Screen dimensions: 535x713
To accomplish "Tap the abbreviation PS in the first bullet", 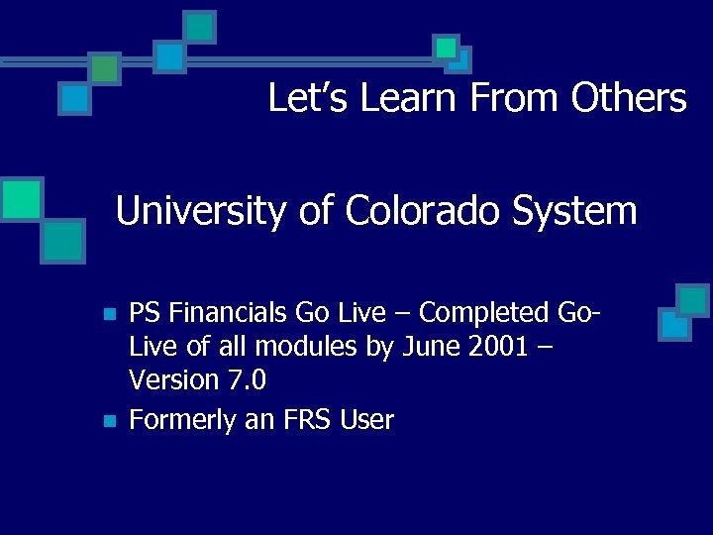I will click(146, 313).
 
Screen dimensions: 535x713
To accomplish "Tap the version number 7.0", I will click(245, 380).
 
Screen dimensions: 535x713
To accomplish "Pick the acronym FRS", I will click(302, 421).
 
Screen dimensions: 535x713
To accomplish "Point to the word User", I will click(367, 421).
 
